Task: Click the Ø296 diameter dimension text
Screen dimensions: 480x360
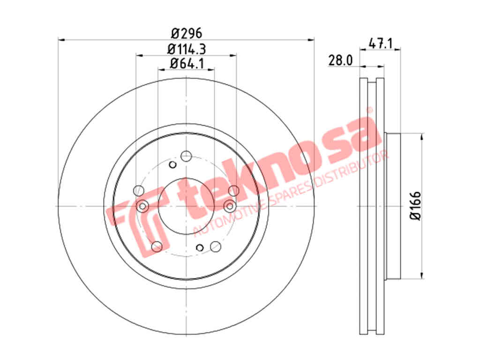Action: point(187,33)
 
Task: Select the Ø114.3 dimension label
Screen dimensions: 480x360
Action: point(187,49)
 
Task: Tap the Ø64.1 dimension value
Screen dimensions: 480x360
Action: point(187,63)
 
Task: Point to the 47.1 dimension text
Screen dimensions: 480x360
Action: point(380,43)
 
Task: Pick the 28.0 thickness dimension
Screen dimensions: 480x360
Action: point(340,60)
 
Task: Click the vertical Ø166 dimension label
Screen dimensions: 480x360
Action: point(415,206)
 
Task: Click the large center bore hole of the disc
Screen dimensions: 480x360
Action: point(186,206)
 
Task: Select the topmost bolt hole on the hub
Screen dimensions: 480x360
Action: point(186,156)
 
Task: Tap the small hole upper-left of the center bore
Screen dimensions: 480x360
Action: point(172,165)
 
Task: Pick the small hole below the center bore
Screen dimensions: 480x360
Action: point(200,247)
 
